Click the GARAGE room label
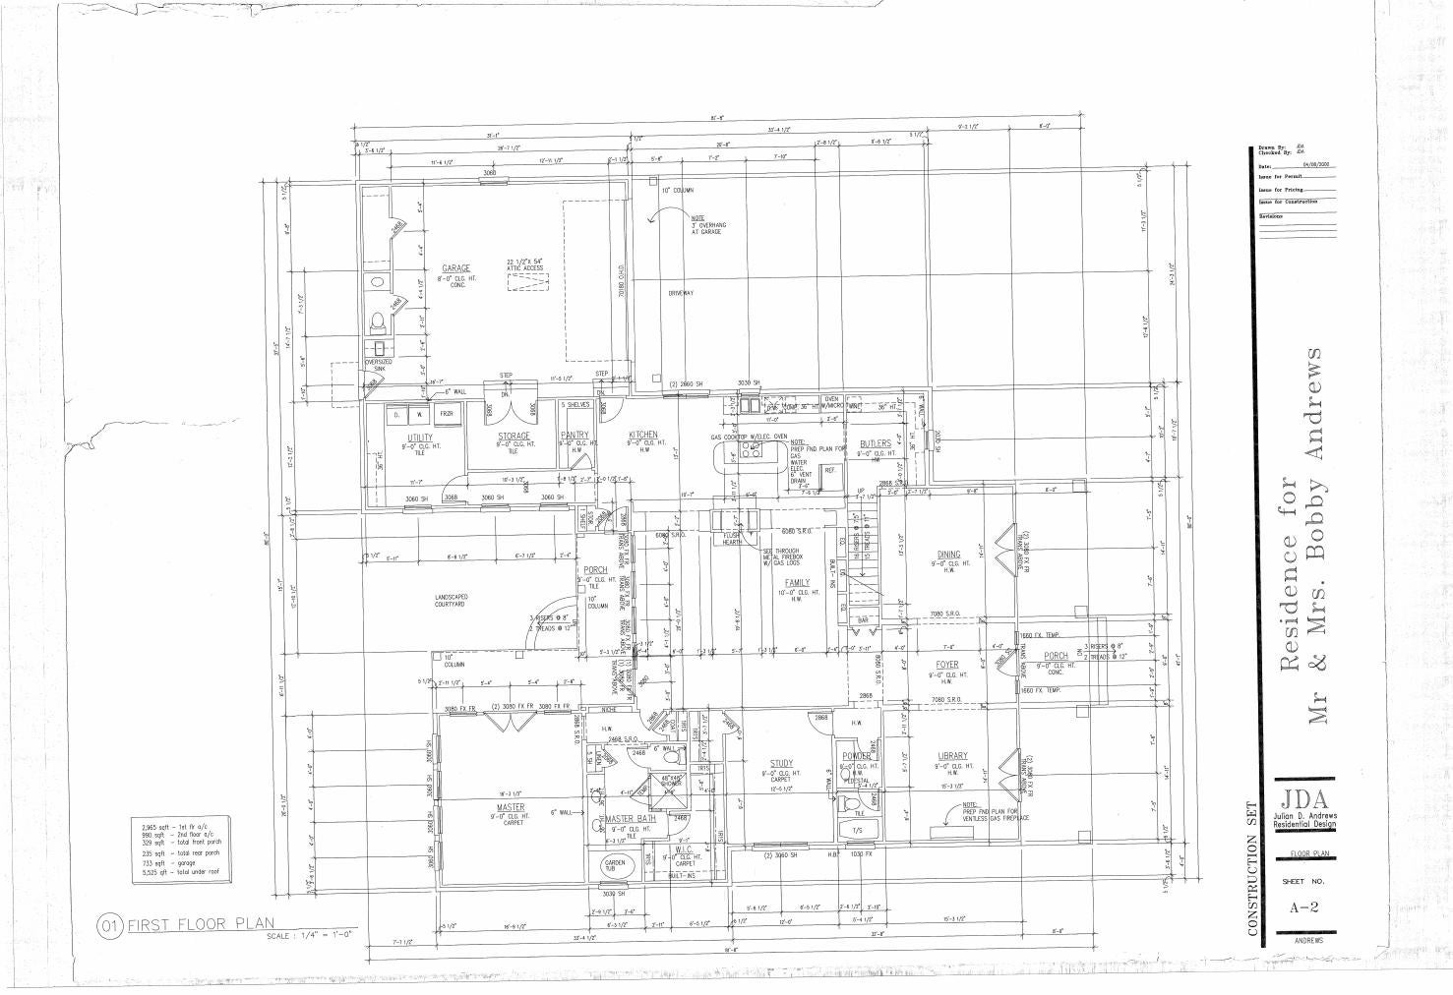(x=455, y=268)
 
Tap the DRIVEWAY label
(x=681, y=293)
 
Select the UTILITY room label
(x=420, y=438)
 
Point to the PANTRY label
(x=575, y=435)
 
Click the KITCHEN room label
(x=643, y=435)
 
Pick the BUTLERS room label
(x=875, y=444)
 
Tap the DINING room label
(x=948, y=555)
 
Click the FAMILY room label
(x=797, y=583)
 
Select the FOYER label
(x=946, y=666)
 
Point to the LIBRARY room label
(x=952, y=756)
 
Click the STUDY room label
(x=781, y=763)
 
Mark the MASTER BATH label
(x=631, y=819)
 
